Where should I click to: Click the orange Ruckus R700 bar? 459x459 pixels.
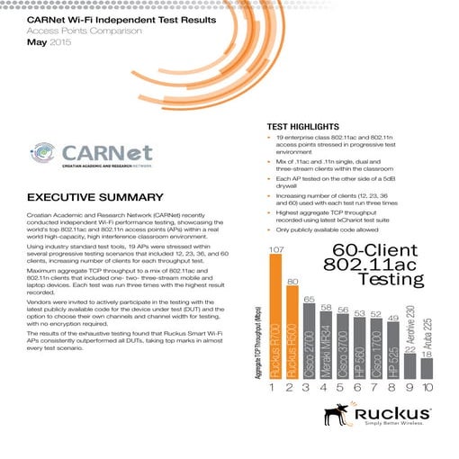coord(276,315)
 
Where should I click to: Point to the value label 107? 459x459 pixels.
coord(276,247)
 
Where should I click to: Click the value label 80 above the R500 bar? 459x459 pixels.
coord(292,282)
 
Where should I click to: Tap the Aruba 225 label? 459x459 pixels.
coord(427,336)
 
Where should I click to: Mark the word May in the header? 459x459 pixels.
coord(38,41)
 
